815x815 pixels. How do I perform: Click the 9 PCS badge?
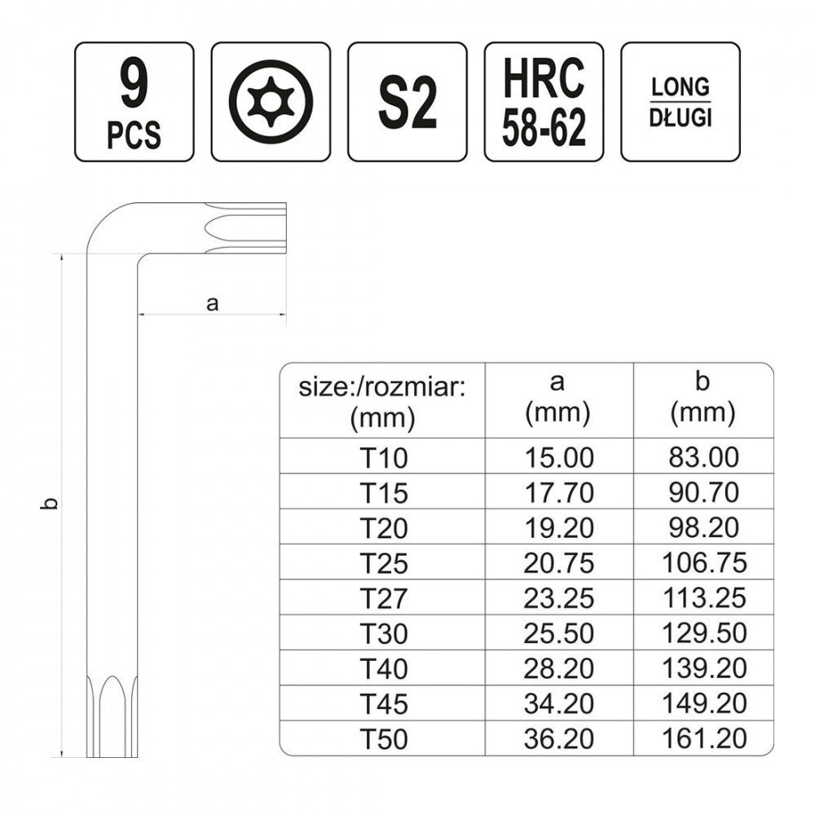134,102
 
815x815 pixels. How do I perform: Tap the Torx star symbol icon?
271,102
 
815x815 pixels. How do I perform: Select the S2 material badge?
407,102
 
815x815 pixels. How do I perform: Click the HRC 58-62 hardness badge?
544,102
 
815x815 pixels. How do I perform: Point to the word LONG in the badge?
681,87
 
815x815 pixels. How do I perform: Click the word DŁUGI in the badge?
681,118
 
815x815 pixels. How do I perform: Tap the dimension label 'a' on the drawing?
212,303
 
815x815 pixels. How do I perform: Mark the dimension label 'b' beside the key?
50,503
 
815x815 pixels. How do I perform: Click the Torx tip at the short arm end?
245,228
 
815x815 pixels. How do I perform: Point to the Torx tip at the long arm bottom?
112,716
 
